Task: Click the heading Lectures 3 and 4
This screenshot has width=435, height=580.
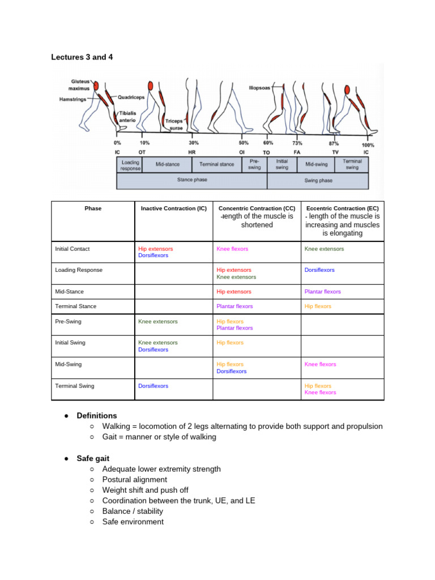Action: (x=86, y=57)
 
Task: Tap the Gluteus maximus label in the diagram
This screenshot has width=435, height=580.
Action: (x=80, y=84)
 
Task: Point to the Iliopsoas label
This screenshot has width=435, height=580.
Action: (x=259, y=88)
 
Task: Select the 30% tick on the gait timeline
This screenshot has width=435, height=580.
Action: (x=194, y=143)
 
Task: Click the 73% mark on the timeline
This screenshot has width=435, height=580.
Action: (x=297, y=143)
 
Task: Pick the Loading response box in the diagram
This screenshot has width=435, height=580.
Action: (x=130, y=164)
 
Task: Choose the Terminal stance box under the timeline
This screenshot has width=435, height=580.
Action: (x=216, y=164)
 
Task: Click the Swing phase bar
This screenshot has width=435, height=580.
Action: (x=318, y=181)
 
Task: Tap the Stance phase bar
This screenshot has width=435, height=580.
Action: (x=192, y=180)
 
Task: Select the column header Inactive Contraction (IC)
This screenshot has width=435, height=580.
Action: (x=173, y=208)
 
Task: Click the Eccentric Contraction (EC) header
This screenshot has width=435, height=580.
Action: (x=342, y=208)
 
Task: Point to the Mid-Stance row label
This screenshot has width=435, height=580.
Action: (x=69, y=292)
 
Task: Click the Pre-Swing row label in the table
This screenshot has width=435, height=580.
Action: (x=68, y=321)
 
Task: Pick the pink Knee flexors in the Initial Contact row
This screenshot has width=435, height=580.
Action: (x=232, y=249)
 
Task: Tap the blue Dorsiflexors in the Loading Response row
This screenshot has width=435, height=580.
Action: (x=319, y=270)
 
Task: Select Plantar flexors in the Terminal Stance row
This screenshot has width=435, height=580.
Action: (x=234, y=306)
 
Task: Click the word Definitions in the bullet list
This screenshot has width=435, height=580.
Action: (x=97, y=416)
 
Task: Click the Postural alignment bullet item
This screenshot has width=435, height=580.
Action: (x=135, y=480)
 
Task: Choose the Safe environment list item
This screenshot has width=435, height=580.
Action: (x=133, y=522)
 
